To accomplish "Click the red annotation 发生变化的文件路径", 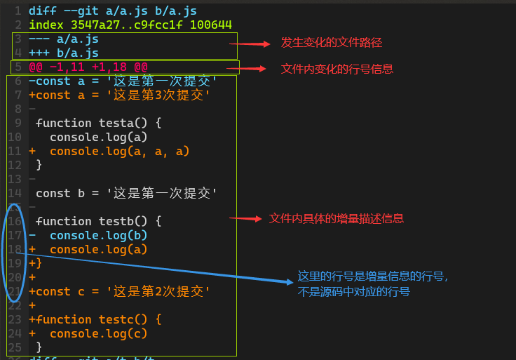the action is pos(331,43).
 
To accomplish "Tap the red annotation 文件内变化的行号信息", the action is pos(337,69).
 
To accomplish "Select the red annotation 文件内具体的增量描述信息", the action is pos(337,218).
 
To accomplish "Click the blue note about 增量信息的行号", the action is pos(372,284).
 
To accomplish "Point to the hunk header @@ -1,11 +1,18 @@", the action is pos(88,67).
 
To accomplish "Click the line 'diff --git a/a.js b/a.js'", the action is pos(113,11).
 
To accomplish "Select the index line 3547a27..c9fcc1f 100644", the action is pos(130,25).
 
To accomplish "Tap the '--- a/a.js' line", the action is pos(63,39).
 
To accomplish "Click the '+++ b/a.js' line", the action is pos(63,53).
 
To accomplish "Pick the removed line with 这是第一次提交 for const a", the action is pos(123,81).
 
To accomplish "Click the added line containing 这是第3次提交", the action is pos(119,95).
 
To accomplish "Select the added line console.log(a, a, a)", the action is pos(112,151).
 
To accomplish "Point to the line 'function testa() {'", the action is pos(98,123).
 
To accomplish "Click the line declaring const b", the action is pos(126,193).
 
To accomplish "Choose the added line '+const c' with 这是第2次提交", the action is pos(119,291).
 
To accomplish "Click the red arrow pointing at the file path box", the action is pos(250,44).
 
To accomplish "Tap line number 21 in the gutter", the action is pos(15,291).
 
